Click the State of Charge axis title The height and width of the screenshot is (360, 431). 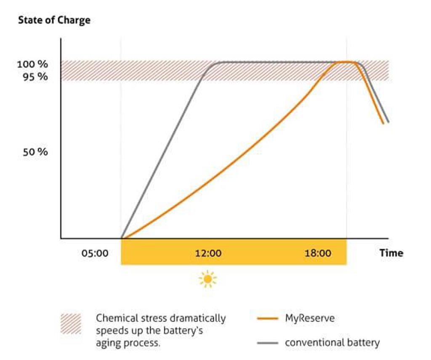[54, 20]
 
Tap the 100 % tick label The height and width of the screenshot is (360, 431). [32, 64]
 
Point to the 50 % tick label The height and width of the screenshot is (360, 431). [35, 152]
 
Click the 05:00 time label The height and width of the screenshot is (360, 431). [95, 253]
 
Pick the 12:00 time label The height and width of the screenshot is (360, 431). [208, 253]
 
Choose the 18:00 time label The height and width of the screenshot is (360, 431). [318, 253]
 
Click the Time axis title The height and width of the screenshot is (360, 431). [391, 253]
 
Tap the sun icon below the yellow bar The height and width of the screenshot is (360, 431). [208, 279]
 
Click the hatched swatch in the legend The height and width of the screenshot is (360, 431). [71, 324]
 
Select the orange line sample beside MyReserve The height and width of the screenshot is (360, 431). [267, 318]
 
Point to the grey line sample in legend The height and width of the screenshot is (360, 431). [267, 343]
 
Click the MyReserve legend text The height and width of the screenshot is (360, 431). [310, 318]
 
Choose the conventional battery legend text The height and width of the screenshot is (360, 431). [332, 343]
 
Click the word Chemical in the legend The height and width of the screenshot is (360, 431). [115, 318]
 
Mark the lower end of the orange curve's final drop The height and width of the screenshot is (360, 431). [383, 123]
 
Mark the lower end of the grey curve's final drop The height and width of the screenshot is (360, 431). [388, 122]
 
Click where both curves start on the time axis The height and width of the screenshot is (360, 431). [122, 238]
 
